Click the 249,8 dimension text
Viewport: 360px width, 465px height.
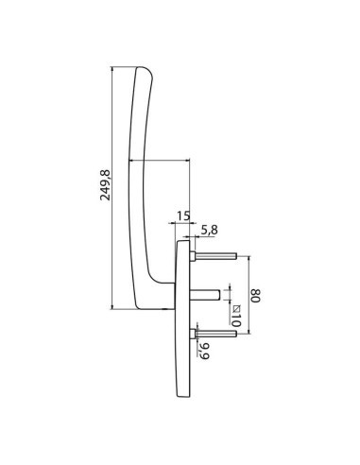click(x=106, y=187)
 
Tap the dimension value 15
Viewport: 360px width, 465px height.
click(x=183, y=217)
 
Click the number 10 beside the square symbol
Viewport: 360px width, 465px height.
click(x=235, y=321)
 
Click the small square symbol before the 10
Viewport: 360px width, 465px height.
click(x=235, y=306)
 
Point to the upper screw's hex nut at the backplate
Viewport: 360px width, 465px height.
click(x=195, y=255)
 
